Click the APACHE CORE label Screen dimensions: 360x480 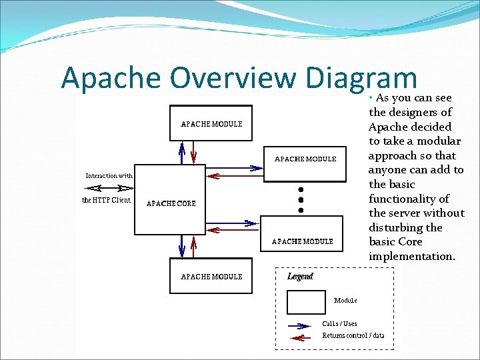171,204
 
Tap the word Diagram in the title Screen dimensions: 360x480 360,79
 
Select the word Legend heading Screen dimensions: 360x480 300,276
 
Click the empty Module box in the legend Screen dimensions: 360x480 306,302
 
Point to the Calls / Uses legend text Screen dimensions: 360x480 339,324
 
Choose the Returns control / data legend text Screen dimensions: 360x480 353,335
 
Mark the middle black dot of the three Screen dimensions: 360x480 301,199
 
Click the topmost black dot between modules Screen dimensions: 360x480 301,187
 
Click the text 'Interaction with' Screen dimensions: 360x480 109,175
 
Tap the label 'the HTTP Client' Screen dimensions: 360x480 106,200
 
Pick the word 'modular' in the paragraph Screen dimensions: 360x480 438,141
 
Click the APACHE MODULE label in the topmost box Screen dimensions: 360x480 211,124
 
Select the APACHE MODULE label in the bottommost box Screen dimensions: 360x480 211,277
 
